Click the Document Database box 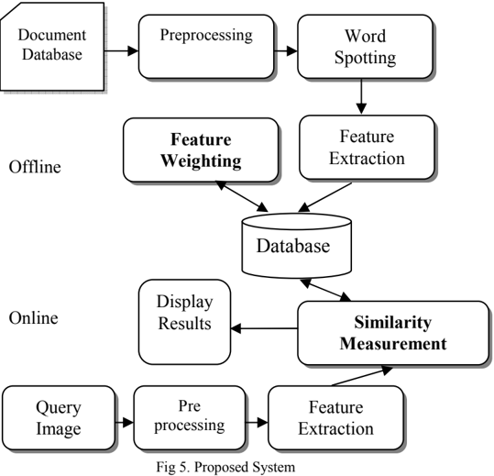[x=52, y=47]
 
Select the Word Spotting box [x=365, y=47]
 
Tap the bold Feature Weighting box [x=201, y=150]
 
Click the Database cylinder [x=296, y=246]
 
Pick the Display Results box [x=184, y=322]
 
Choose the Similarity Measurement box [x=393, y=333]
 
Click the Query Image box [x=59, y=417]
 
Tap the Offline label [x=35, y=167]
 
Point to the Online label [x=34, y=317]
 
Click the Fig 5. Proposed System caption [x=225, y=467]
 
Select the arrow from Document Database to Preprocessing [x=122, y=50]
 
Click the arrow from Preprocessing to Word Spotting [x=286, y=50]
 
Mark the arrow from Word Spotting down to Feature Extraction [x=361, y=96]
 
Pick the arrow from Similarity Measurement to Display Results [x=264, y=328]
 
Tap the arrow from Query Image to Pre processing [x=124, y=422]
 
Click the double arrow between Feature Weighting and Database [x=242, y=196]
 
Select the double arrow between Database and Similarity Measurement [x=325, y=290]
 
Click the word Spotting [x=365, y=58]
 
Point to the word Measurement [x=393, y=343]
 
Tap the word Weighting [x=201, y=161]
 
